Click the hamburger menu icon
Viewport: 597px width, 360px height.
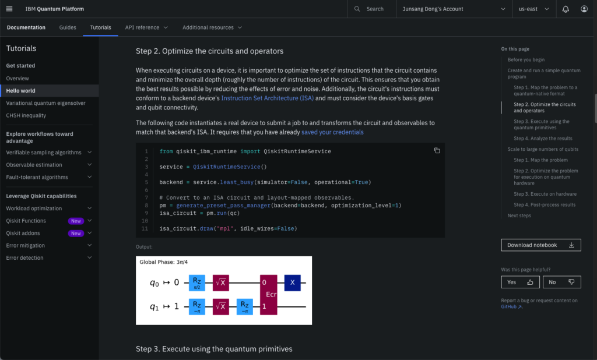pyautogui.click(x=9, y=9)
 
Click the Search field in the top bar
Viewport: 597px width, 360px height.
pyautogui.click(x=371, y=9)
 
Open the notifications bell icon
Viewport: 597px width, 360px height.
pyautogui.click(x=566, y=9)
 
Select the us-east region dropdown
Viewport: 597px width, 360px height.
pyautogui.click(x=533, y=9)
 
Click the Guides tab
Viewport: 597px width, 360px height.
pyautogui.click(x=68, y=27)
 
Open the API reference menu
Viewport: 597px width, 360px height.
pyautogui.click(x=146, y=27)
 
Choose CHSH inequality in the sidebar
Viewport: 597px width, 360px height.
pyautogui.click(x=26, y=115)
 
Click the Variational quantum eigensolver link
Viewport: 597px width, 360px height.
pyautogui.click(x=45, y=103)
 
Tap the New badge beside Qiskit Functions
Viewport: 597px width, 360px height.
pyautogui.click(x=76, y=221)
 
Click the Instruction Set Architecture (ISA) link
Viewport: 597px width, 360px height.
pyautogui.click(x=267, y=98)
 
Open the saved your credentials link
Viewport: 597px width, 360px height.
pyautogui.click(x=332, y=132)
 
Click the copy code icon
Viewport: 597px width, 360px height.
pyautogui.click(x=437, y=151)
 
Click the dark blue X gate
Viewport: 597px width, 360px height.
pyautogui.click(x=293, y=283)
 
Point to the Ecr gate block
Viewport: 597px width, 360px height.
pyautogui.click(x=268, y=295)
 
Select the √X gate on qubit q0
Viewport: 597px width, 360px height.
pyautogui.click(x=221, y=283)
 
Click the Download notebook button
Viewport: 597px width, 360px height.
pyautogui.click(x=541, y=245)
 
